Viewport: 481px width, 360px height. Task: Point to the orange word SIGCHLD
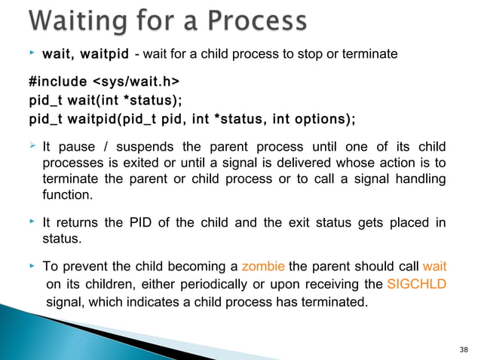pyautogui.click(x=416, y=284)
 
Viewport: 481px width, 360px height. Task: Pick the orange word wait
pyautogui.click(x=435, y=266)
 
